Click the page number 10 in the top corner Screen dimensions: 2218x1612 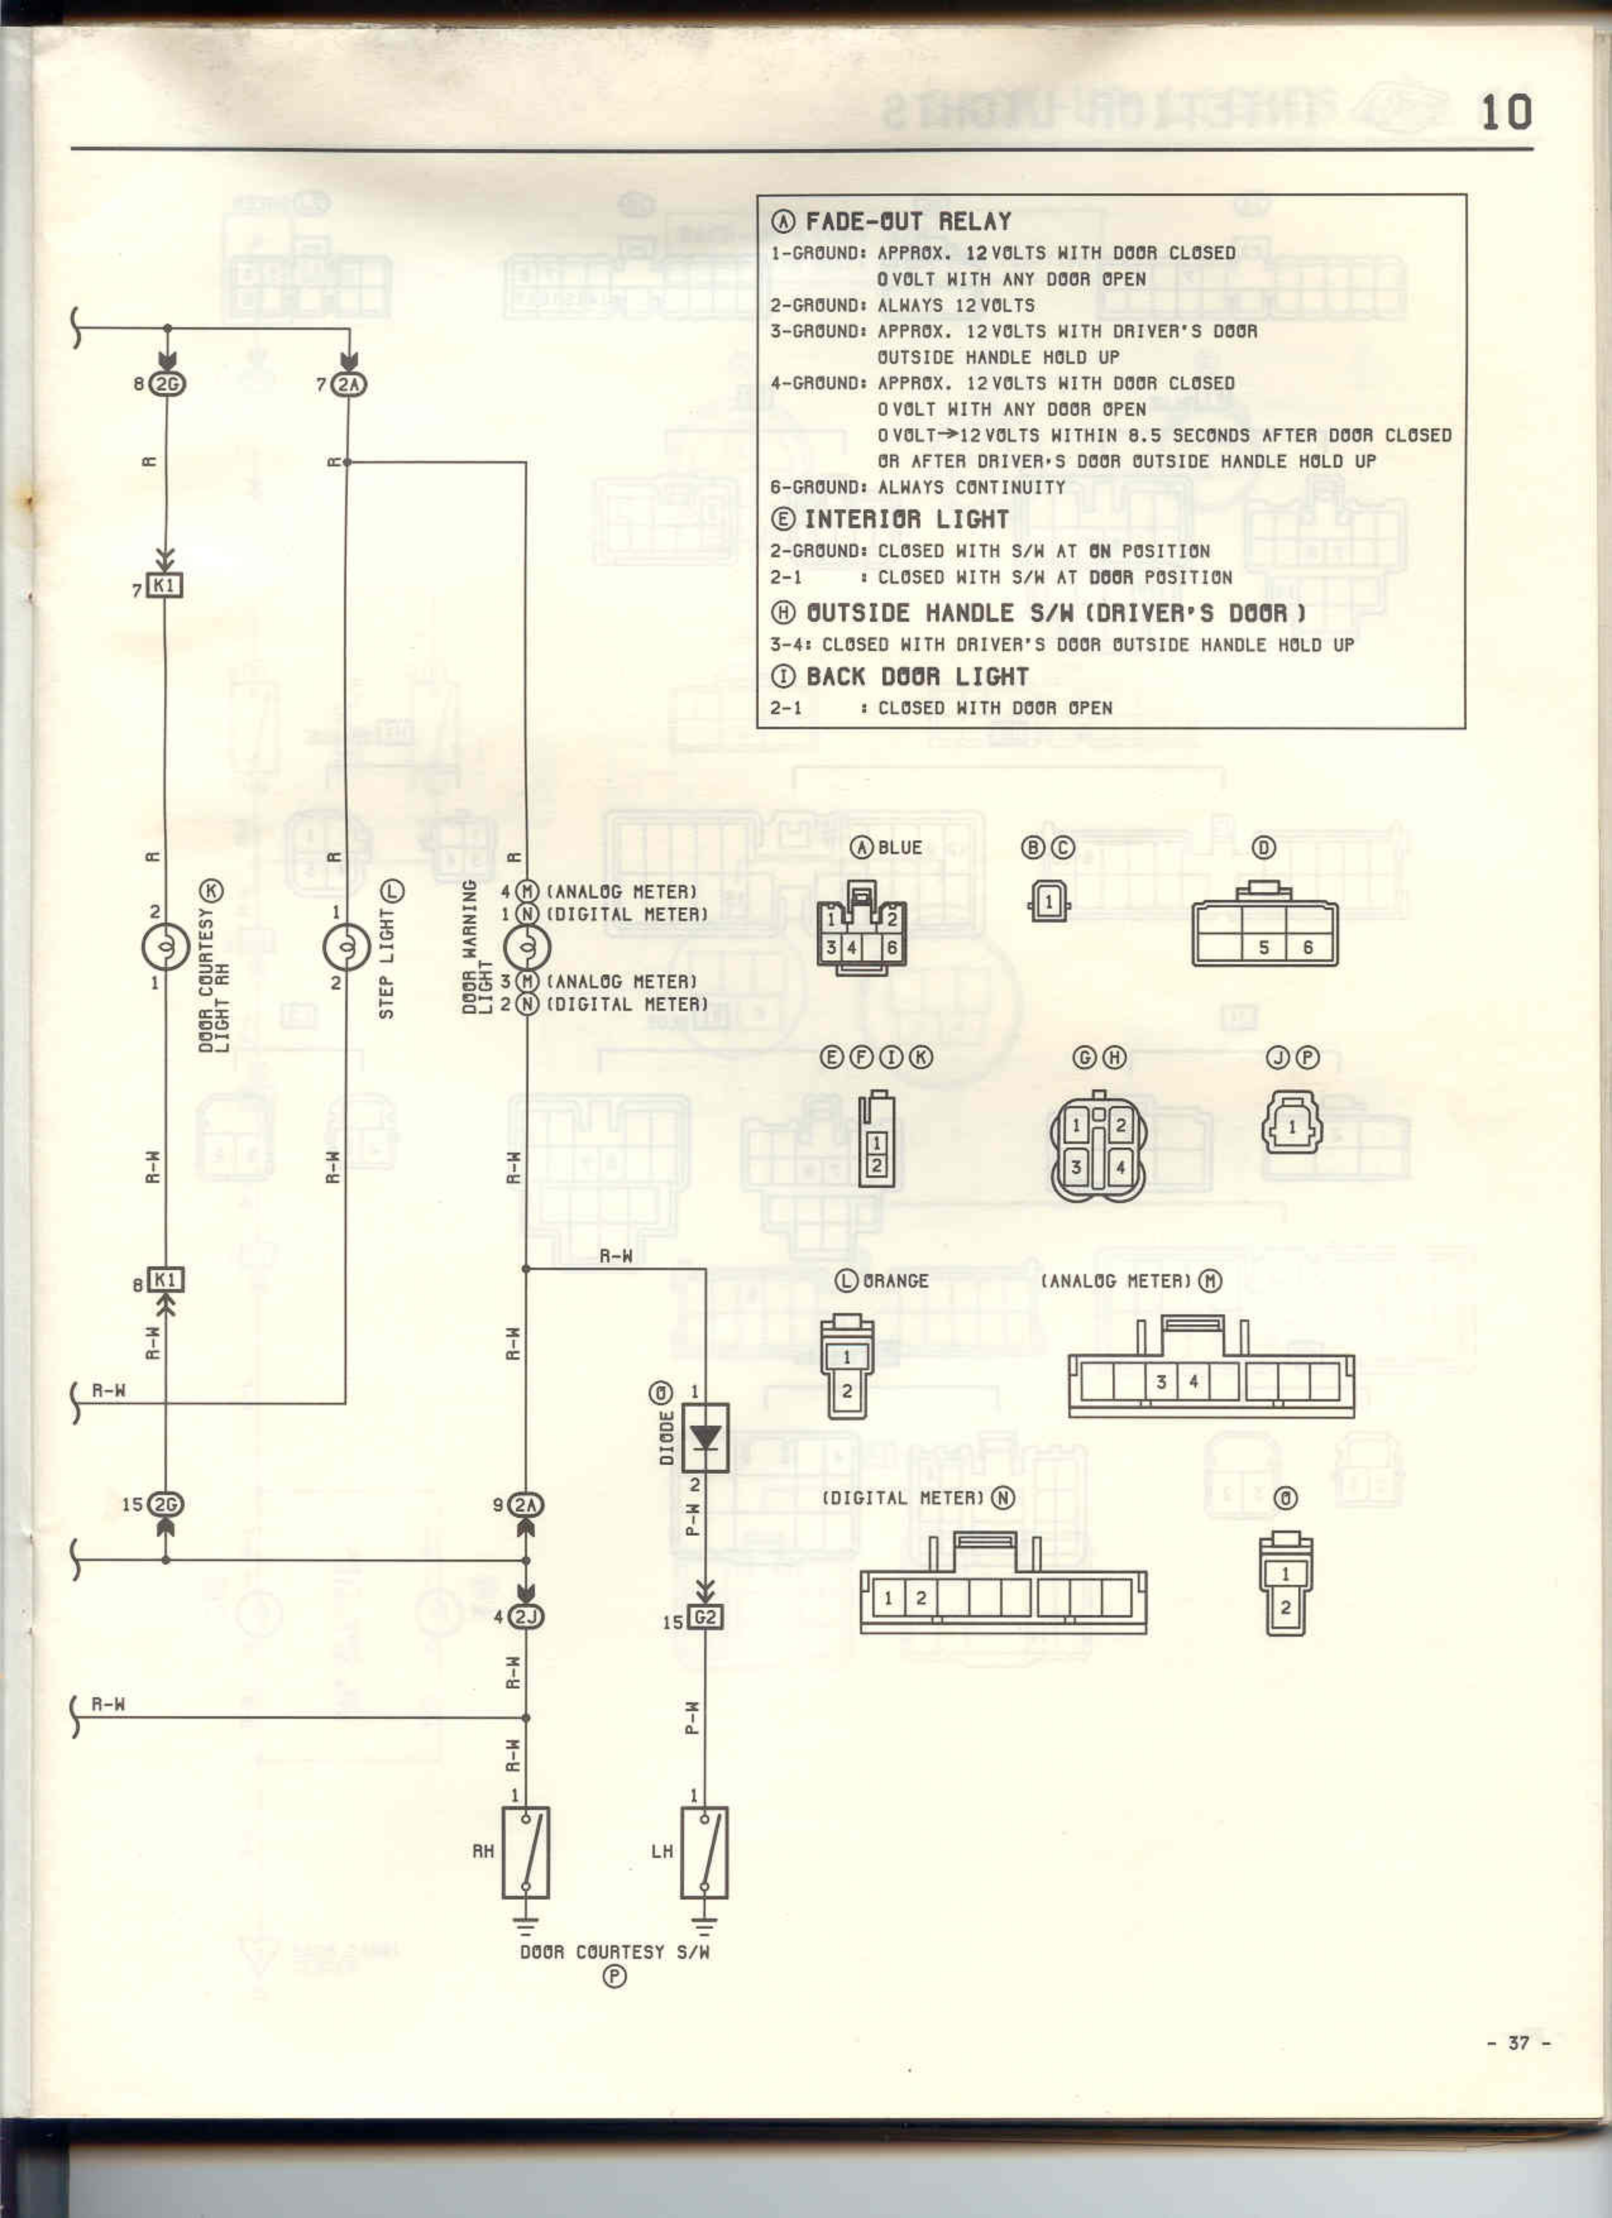click(x=1505, y=114)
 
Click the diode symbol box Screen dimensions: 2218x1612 click(x=704, y=1438)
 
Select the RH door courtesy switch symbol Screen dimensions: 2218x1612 click(x=525, y=1852)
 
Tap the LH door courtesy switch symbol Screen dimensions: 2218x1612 click(x=704, y=1852)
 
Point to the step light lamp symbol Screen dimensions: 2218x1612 click(x=346, y=947)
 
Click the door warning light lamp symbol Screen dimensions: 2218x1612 click(x=526, y=947)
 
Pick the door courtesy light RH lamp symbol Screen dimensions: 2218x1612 click(x=165, y=947)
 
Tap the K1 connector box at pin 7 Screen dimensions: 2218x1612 click(x=164, y=586)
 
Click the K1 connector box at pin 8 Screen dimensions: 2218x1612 click(x=165, y=1280)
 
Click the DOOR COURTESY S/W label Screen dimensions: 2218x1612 click(x=614, y=1952)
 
